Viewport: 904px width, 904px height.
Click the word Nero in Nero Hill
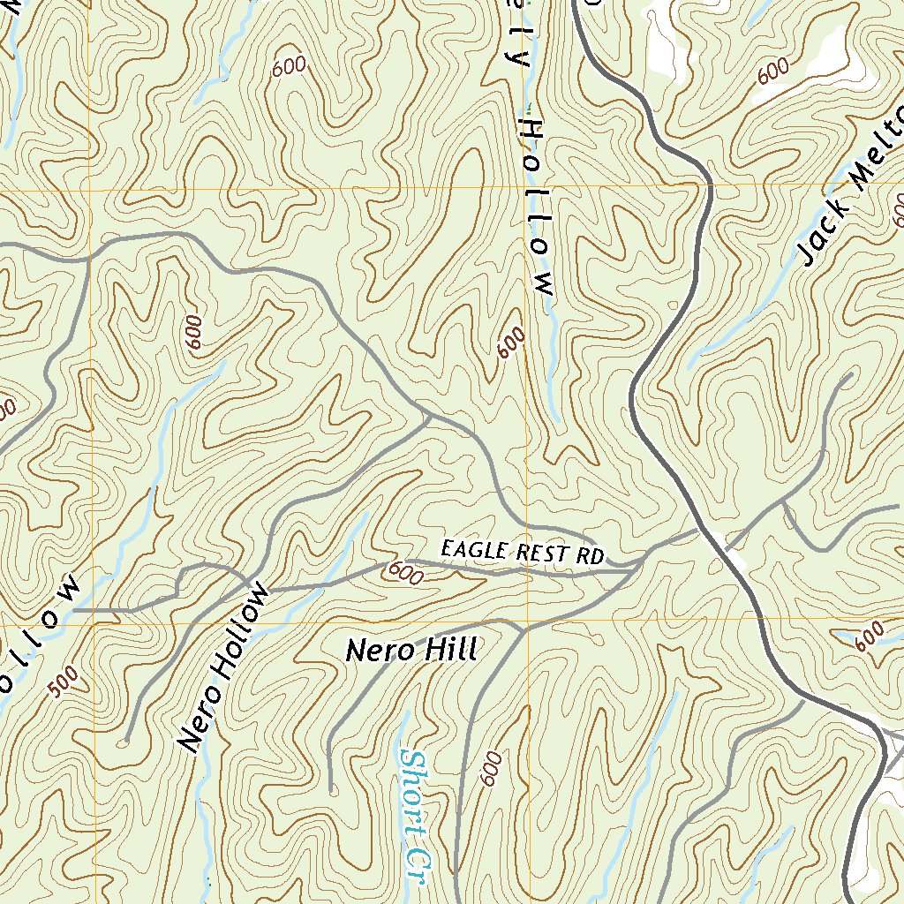point(376,651)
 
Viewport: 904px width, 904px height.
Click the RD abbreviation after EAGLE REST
point(592,556)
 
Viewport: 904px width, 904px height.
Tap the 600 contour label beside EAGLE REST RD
point(404,574)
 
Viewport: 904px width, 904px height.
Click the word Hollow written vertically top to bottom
point(538,204)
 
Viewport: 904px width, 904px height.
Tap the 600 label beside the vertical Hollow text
point(510,343)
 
